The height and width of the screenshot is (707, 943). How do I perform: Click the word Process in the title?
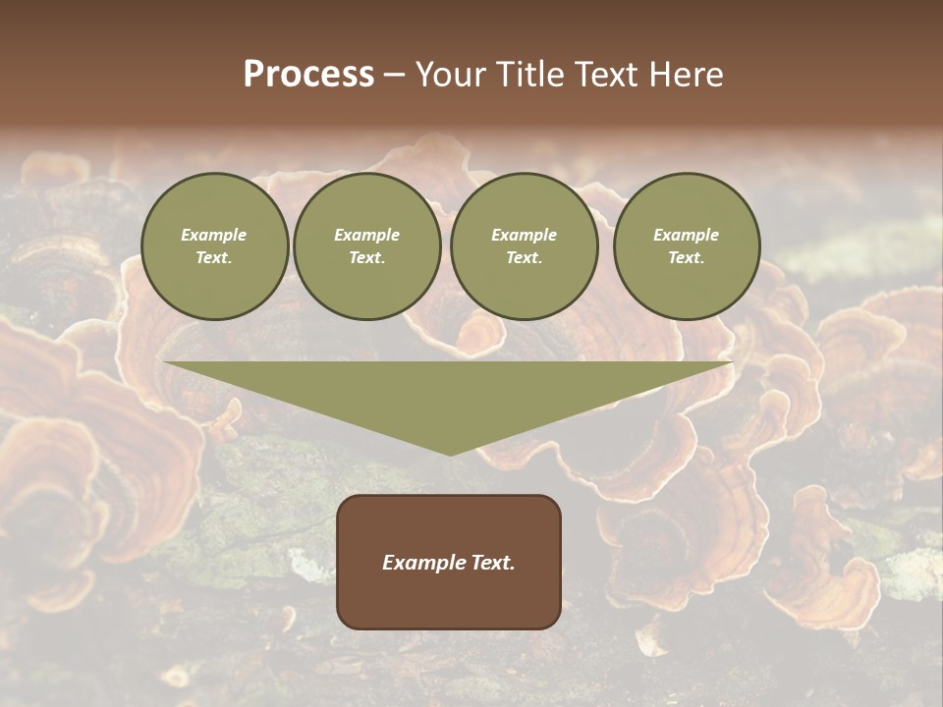click(308, 75)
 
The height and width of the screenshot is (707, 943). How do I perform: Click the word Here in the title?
click(688, 75)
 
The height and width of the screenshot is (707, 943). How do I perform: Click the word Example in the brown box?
click(422, 563)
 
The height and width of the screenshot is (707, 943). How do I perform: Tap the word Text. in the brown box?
click(491, 563)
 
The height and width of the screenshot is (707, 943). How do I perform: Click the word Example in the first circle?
click(214, 235)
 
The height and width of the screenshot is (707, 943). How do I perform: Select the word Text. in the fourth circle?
click(687, 258)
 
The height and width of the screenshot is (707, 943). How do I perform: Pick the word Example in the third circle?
click(524, 235)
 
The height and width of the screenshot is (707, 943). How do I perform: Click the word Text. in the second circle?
click(367, 258)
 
